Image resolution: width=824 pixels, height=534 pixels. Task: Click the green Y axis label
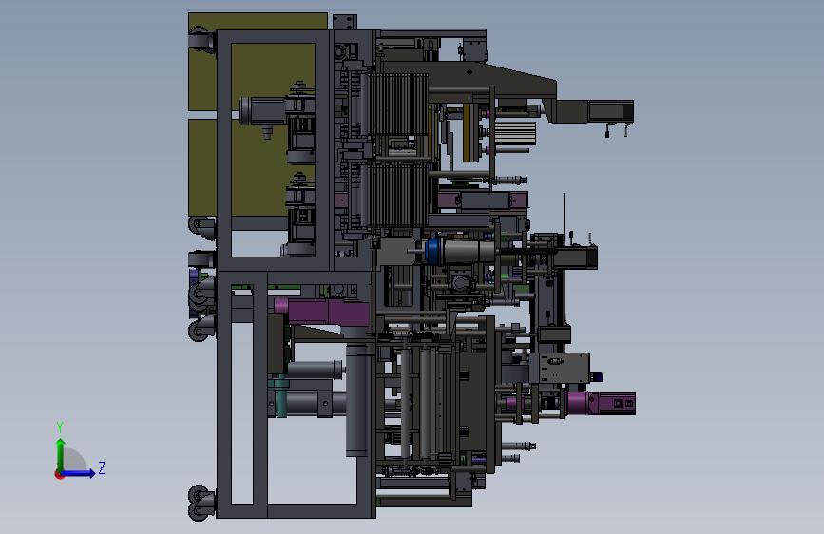(60, 427)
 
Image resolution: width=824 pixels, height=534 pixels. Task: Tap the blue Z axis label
(102, 467)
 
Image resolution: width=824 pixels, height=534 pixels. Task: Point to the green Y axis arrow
(61, 455)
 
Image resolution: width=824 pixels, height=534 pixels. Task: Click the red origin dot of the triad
(59, 474)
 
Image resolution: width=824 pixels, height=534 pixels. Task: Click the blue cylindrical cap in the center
(433, 251)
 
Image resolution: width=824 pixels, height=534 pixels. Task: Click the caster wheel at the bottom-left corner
(200, 503)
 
